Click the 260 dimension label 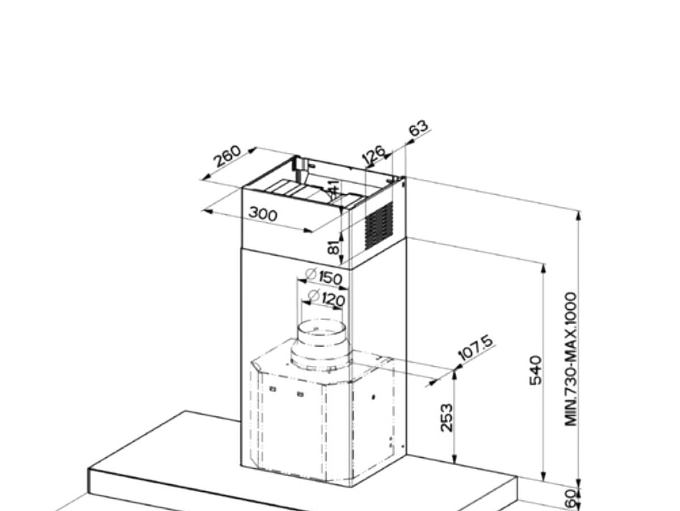pos(227,157)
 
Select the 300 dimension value pos(263,214)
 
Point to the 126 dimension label pos(375,154)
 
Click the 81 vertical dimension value pos(335,246)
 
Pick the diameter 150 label pos(324,277)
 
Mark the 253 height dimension pos(447,417)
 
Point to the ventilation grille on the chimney pos(379,225)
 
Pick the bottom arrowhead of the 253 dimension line pos(454,459)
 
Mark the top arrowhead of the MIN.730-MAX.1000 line pos(578,215)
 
